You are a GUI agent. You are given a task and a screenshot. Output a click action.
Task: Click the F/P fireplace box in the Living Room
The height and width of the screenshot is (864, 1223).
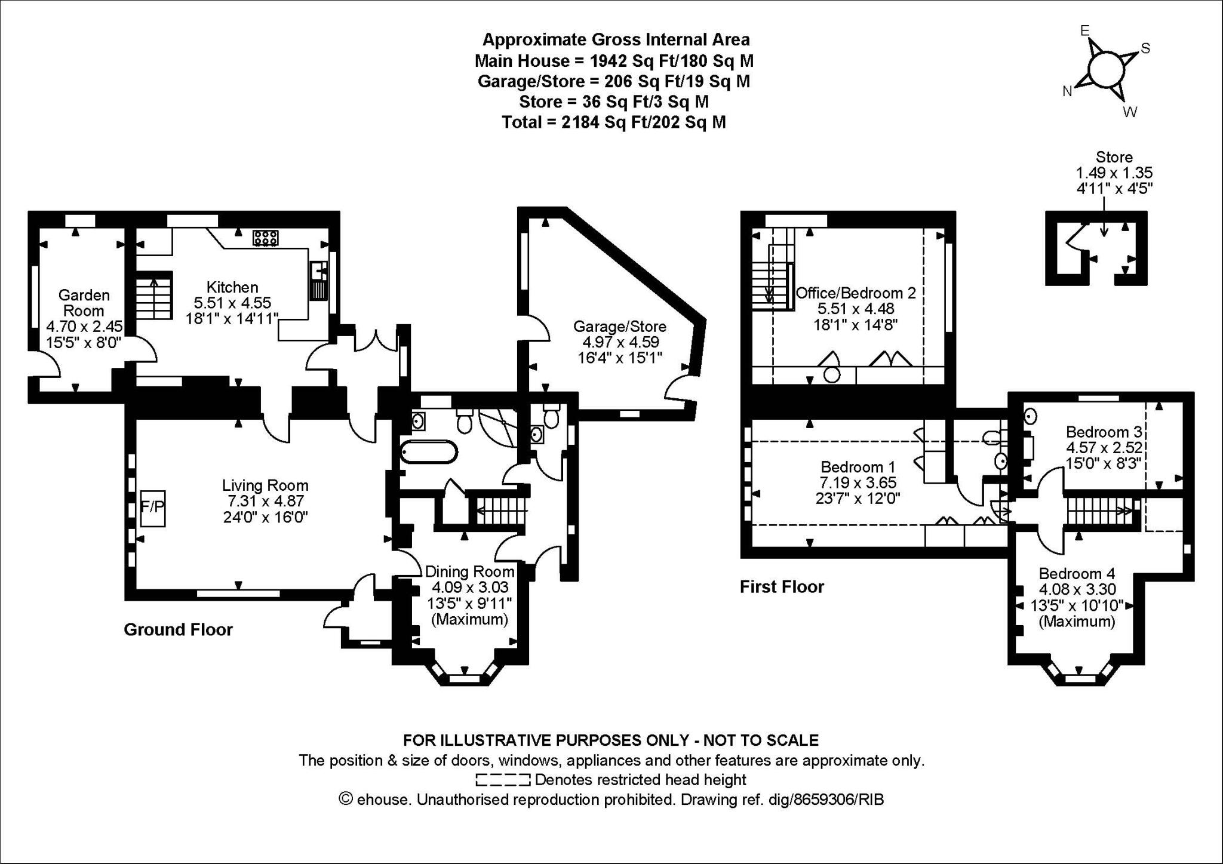pyautogui.click(x=153, y=508)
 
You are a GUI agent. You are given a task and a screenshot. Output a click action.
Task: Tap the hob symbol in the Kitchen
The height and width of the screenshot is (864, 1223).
pyautogui.click(x=265, y=238)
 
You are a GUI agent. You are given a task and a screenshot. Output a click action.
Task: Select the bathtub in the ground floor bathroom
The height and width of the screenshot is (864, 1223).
pyautogui.click(x=429, y=452)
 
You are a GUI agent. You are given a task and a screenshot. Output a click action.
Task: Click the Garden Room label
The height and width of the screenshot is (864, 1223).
pyautogui.click(x=84, y=303)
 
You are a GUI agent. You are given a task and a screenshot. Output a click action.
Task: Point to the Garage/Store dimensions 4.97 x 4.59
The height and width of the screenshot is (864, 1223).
pyautogui.click(x=619, y=342)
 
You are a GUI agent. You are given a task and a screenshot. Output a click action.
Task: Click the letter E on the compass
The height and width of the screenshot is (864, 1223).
pyautogui.click(x=1085, y=31)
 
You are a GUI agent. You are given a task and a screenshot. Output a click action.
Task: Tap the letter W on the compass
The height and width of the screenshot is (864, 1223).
pyautogui.click(x=1130, y=112)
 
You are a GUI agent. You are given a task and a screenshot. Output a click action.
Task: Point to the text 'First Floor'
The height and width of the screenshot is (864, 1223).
pyautogui.click(x=782, y=587)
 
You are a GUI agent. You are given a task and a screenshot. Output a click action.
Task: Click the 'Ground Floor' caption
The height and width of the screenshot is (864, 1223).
pyautogui.click(x=178, y=629)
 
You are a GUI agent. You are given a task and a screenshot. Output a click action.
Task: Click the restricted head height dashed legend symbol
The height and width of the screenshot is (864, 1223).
pyautogui.click(x=502, y=780)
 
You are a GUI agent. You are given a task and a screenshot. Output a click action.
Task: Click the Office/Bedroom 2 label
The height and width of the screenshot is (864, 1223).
pyautogui.click(x=856, y=293)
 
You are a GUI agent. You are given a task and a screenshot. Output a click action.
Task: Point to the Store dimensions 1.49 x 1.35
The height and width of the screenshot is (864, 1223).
pyautogui.click(x=1114, y=173)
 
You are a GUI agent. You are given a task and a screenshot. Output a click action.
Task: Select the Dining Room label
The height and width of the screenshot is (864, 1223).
pyautogui.click(x=469, y=572)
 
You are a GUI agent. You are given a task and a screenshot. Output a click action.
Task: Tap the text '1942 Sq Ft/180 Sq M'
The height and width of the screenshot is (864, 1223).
pyautogui.click(x=671, y=61)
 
